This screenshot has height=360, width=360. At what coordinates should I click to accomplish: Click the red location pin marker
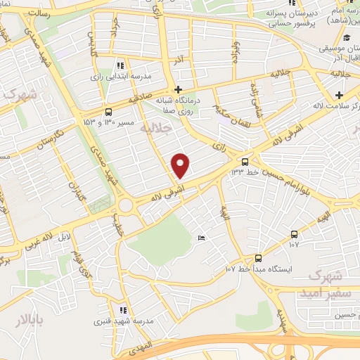pos(181,165)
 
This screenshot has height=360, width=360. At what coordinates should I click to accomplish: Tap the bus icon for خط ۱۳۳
pos(245,160)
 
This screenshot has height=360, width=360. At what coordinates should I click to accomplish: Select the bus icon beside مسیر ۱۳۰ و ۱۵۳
pos(108,111)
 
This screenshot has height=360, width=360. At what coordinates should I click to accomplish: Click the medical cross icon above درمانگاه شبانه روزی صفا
pos(179,89)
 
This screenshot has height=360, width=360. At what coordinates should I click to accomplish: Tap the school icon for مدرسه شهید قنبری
pos(122,309)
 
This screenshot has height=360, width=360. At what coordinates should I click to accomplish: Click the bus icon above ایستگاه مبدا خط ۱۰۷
pos(258,257)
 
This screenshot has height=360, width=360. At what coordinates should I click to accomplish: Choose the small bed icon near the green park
pos(202,238)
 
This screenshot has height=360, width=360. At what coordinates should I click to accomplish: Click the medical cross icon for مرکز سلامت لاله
pos(340,95)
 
